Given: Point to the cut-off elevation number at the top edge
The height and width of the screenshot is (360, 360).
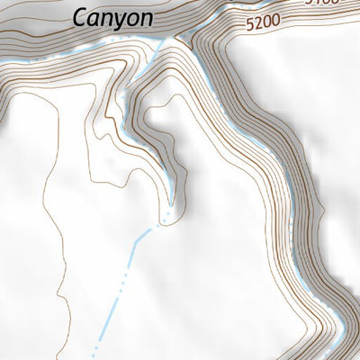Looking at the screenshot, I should [x=321, y=3].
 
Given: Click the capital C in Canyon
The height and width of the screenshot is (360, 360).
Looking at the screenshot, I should [x=80, y=16].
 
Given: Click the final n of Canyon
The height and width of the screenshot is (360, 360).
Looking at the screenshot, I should [x=145, y=18].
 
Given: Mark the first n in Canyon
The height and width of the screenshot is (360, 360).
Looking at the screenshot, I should [x=106, y=18].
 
